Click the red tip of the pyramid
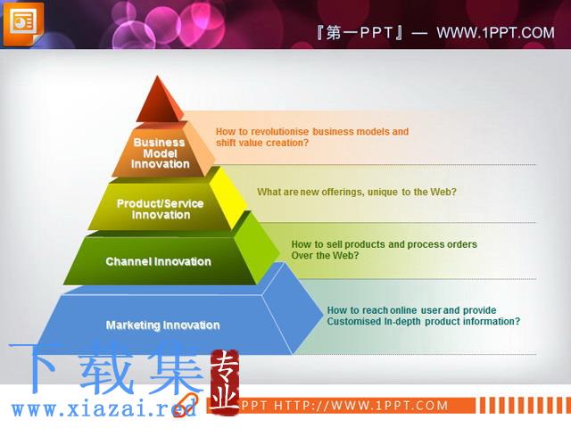[x=159, y=100]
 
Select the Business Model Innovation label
[x=160, y=153]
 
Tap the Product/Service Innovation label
[x=161, y=209]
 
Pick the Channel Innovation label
[x=159, y=261]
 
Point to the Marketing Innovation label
[x=162, y=325]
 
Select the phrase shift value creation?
[x=262, y=143]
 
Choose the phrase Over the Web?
[x=325, y=255]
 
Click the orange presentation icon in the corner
[x=23, y=24]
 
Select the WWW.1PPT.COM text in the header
[x=495, y=33]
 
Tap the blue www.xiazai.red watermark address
[x=103, y=409]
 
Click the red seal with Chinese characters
[x=224, y=383]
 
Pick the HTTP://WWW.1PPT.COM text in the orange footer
[x=360, y=406]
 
